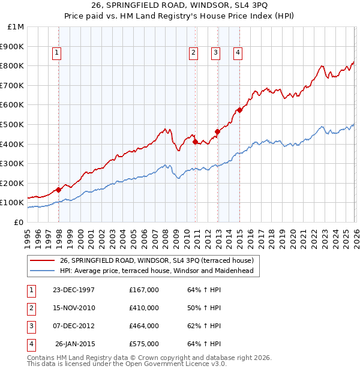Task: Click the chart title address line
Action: click(180, 7)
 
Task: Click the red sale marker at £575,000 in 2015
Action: click(239, 110)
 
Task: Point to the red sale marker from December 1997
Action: click(58, 190)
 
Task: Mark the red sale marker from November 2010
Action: click(196, 142)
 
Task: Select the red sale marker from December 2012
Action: click(217, 131)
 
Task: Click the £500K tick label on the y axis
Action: click(12, 124)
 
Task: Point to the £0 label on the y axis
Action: click(18, 222)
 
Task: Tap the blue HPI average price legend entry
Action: click(157, 271)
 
